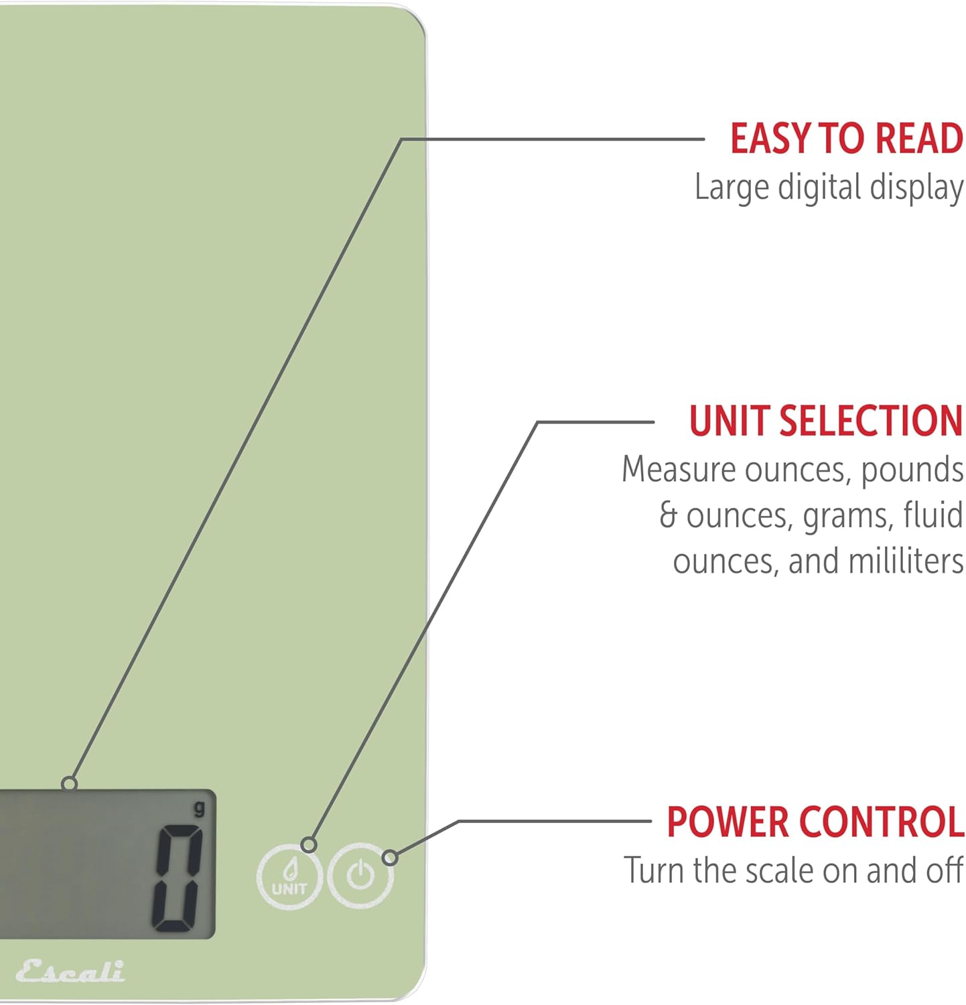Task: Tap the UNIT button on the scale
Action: coord(290,876)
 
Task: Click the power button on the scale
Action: coord(360,876)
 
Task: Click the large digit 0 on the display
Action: coord(178,878)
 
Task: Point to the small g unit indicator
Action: coord(200,809)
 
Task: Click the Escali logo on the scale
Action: coord(70,971)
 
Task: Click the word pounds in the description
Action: coord(912,470)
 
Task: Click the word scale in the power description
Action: coord(780,870)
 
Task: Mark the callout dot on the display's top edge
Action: coord(69,784)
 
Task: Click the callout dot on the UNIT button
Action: coord(309,844)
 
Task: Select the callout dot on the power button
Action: coord(390,858)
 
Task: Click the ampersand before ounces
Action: coord(668,515)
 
